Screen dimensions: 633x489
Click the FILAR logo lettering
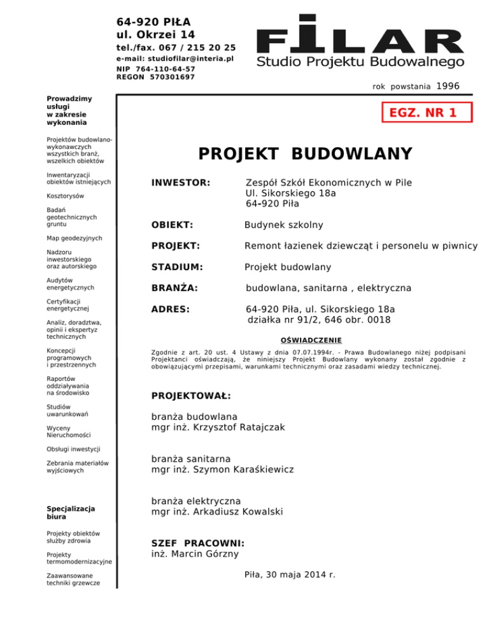pos(360,36)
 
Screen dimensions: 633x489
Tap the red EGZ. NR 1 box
pos(427,113)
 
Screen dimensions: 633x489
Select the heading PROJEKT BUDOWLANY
pos(305,154)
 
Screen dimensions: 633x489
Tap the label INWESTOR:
pos(181,183)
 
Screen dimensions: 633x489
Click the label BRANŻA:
pos(174,288)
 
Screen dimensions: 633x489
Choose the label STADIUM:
pos(178,267)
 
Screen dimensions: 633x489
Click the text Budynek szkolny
pos(284,225)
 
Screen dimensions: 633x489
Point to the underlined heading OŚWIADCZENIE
pos(311,340)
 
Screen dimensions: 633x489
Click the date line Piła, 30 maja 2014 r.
pos(290,574)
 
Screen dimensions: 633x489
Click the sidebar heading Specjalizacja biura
pos(71,513)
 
